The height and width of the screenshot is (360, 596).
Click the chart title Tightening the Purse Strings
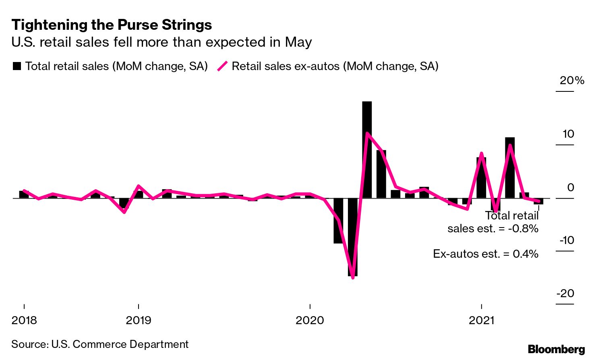point(112,25)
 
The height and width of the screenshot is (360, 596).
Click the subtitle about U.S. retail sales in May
point(161,42)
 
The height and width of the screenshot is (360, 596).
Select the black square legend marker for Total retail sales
point(17,66)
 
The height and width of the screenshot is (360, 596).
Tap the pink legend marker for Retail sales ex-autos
point(223,66)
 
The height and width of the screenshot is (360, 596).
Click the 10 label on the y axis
point(568,134)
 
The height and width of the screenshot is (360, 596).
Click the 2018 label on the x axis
point(24,321)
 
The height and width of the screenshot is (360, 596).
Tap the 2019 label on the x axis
point(139,321)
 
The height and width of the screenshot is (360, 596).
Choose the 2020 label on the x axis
point(310,321)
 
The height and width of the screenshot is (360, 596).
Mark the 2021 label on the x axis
point(482,321)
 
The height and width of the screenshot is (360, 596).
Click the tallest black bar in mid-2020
point(367,149)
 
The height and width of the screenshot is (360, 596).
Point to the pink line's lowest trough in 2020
point(353,277)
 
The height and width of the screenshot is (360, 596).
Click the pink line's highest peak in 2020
point(367,133)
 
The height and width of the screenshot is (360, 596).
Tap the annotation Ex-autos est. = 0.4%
point(486,254)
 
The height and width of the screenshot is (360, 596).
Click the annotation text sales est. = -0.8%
point(493,229)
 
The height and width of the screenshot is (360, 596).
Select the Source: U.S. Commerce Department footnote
point(100,344)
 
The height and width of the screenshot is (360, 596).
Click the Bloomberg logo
point(556,349)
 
